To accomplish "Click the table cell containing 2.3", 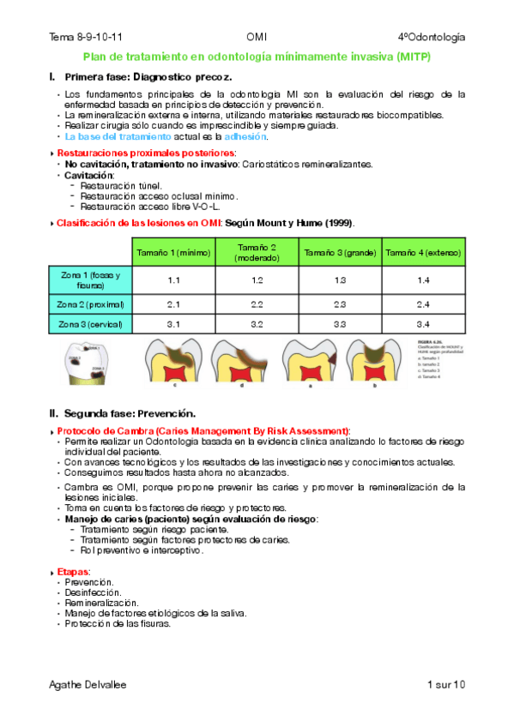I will point(340,303).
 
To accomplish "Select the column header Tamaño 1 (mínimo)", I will point(172,252).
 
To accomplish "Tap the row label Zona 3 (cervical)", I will point(91,324).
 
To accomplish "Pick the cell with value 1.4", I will point(422,280).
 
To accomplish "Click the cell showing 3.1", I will point(172,324).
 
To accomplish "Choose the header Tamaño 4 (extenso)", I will point(422,252).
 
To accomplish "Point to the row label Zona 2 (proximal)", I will point(91,303).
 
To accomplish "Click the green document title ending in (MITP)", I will point(257,57).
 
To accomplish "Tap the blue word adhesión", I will point(246,136).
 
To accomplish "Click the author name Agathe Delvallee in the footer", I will point(88,684).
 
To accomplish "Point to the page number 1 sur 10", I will point(444,684).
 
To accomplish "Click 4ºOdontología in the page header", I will point(432,37).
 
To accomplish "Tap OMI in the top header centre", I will point(257,37).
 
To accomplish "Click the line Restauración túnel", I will point(120,185).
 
